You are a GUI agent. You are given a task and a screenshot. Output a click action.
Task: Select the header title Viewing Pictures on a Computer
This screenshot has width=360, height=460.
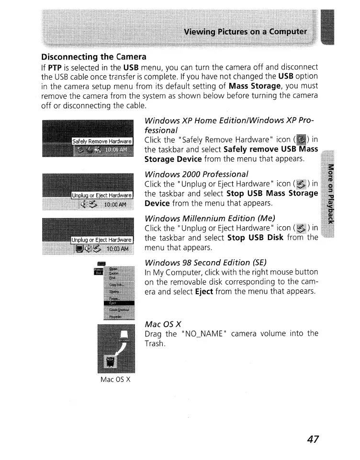246,32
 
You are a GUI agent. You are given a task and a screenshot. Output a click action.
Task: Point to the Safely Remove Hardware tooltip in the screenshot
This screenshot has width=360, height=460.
101,141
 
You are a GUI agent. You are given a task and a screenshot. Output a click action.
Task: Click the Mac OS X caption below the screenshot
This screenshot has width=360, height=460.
115,379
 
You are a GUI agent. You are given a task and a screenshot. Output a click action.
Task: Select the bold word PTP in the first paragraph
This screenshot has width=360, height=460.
57,67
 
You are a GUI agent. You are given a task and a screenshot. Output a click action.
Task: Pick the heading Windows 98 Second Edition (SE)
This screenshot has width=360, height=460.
205,262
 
